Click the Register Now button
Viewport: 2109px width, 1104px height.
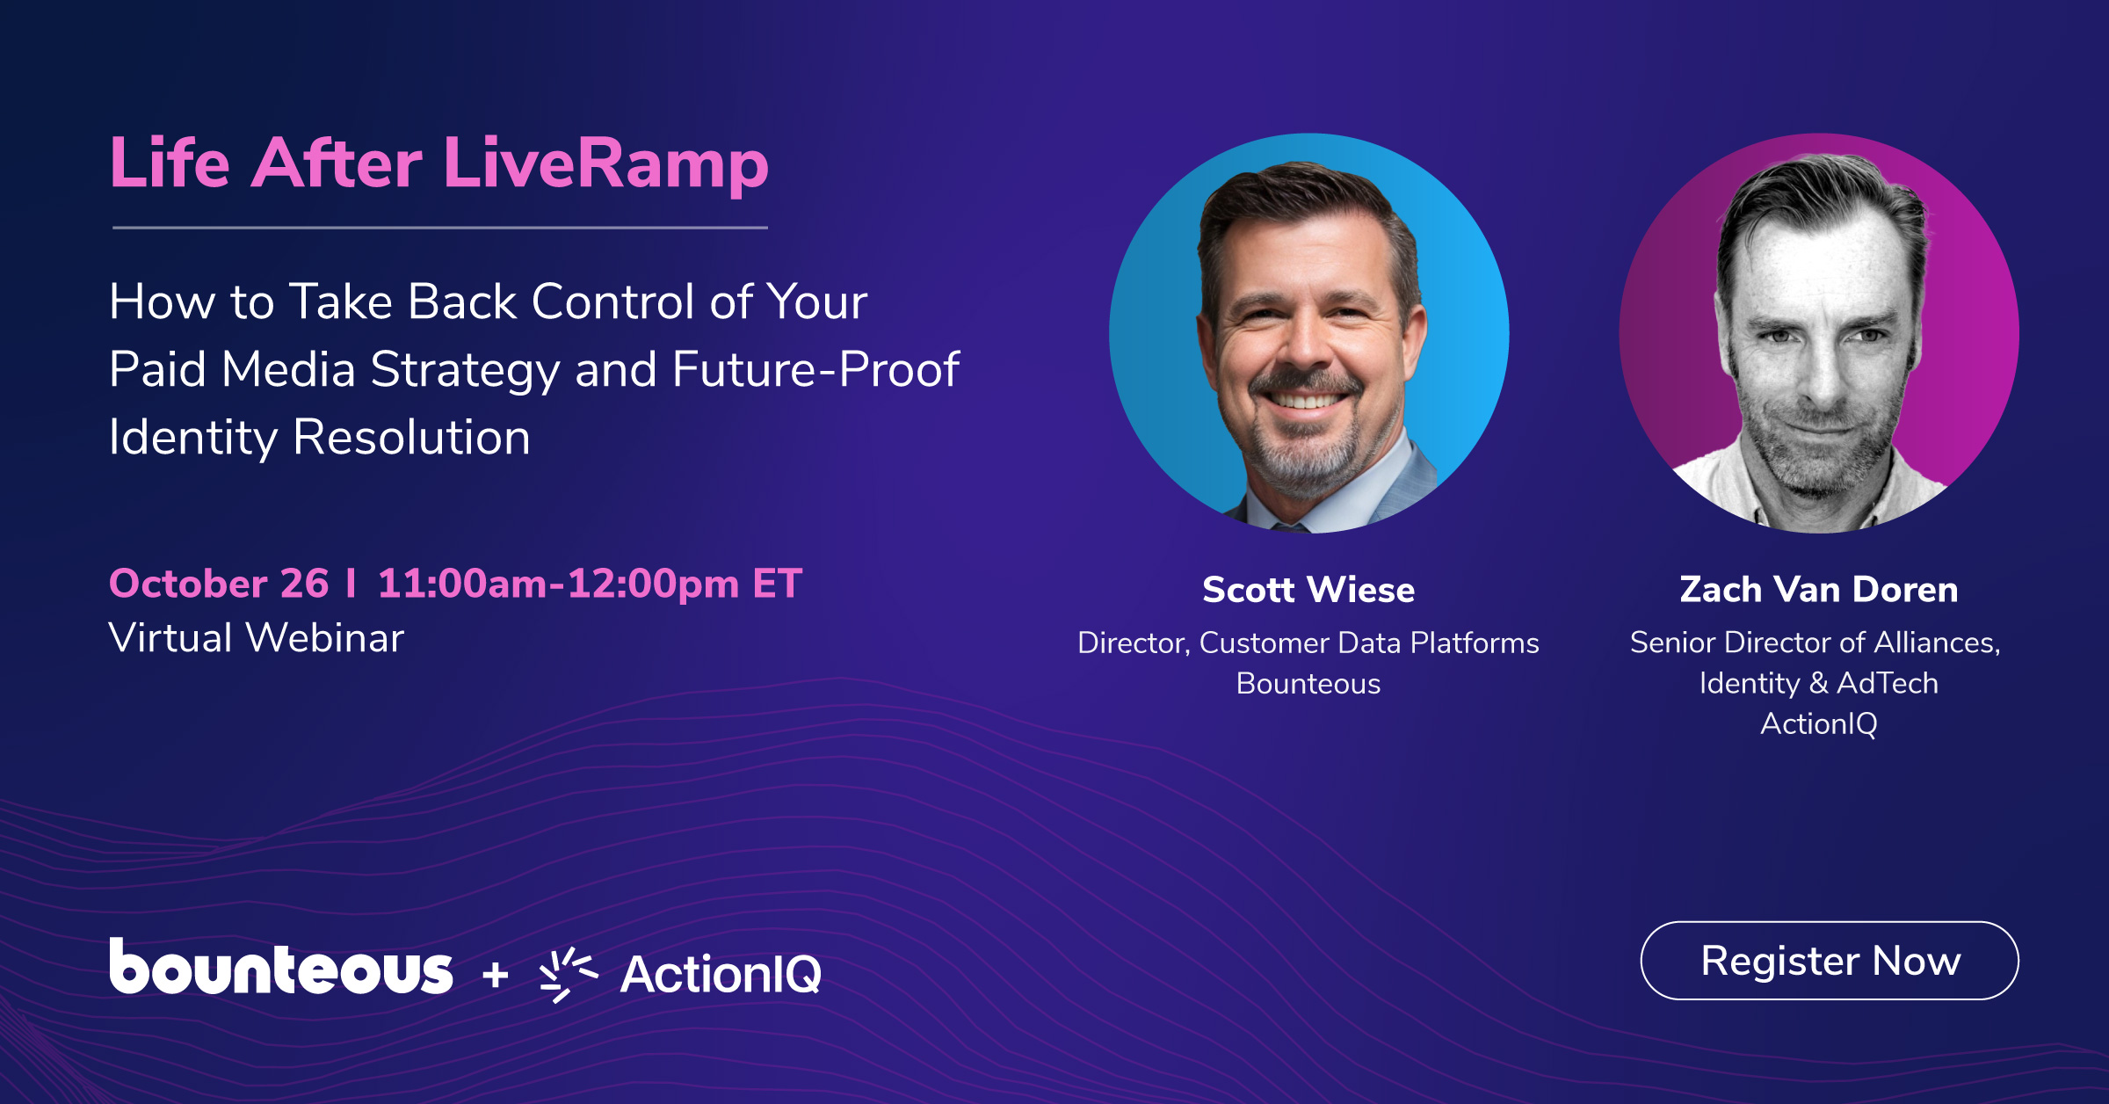1830,960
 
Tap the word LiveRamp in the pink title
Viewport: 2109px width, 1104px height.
606,163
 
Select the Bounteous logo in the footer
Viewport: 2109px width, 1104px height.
281,967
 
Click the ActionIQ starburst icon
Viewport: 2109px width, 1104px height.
568,974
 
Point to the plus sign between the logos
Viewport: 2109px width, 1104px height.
496,974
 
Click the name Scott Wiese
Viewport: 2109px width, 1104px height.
1308,589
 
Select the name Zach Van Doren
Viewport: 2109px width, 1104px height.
1819,589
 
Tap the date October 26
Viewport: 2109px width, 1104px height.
219,584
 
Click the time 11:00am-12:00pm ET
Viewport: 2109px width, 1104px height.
590,584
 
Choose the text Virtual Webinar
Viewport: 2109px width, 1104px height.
256,637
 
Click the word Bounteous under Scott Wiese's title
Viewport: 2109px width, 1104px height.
1308,684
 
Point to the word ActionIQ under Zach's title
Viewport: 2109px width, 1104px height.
1819,723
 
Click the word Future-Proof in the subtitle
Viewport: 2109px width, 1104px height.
815,369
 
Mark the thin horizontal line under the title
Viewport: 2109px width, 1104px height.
440,228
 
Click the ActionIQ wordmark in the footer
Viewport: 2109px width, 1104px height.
721,974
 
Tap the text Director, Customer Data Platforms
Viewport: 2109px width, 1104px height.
1308,643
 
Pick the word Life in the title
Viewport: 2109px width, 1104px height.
170,163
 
